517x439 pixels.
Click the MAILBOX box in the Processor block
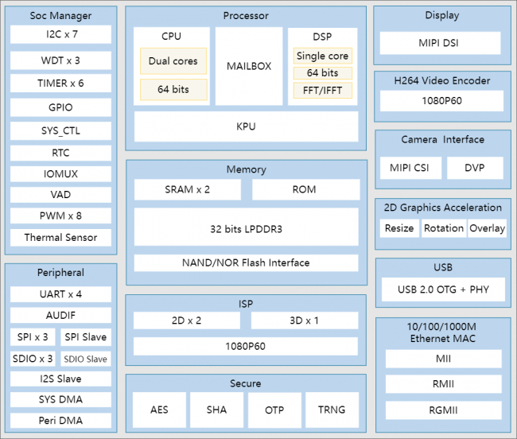[249, 66]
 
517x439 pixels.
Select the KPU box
[246, 126]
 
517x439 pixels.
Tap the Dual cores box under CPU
[173, 61]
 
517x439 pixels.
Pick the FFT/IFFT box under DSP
[322, 91]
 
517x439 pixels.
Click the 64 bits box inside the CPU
[173, 89]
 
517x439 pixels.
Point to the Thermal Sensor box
[60, 237]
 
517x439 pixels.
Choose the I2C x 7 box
[60, 34]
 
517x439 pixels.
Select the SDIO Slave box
[86, 359]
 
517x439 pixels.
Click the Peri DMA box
[60, 420]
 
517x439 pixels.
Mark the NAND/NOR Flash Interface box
[246, 262]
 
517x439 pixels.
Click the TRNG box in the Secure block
[332, 410]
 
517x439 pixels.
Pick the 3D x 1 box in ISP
[305, 321]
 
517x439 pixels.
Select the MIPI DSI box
[440, 43]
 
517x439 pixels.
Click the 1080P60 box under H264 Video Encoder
[441, 101]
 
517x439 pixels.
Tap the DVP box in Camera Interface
[475, 168]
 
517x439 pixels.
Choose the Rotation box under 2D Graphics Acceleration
[444, 228]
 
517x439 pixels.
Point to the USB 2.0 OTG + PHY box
[443, 289]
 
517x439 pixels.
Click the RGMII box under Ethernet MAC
[444, 410]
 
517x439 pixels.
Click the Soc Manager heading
[60, 15]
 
